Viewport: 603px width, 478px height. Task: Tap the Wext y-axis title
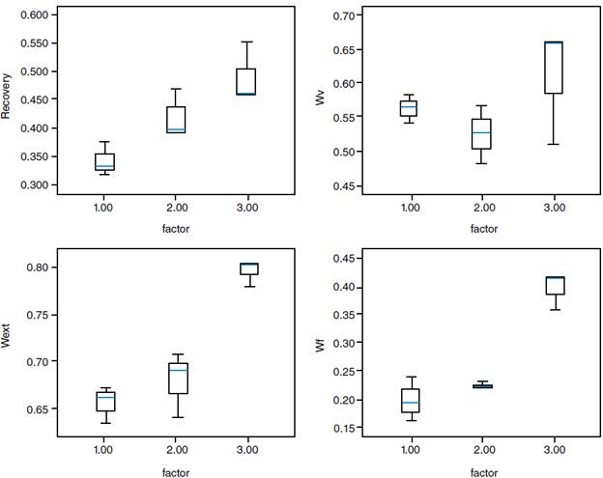tap(8, 333)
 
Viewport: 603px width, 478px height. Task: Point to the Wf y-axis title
tap(322, 341)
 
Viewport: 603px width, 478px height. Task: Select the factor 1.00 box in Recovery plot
tap(104, 161)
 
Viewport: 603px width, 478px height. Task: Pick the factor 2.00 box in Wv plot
tap(481, 133)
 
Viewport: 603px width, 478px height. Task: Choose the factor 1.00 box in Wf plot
tap(410, 400)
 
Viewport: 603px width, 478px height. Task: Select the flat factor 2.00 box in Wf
tap(481, 386)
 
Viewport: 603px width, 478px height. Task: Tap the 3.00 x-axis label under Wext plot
tap(248, 451)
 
